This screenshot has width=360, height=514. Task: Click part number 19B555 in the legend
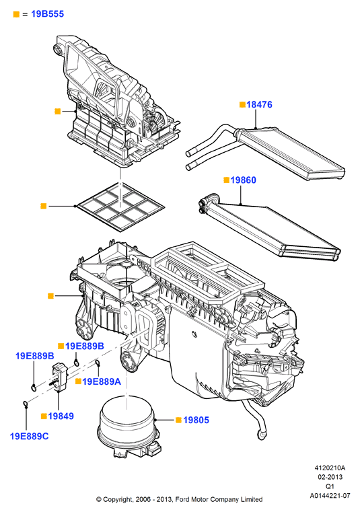click(x=48, y=14)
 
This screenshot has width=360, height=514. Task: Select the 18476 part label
click(x=259, y=104)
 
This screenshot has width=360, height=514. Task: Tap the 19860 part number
click(x=244, y=180)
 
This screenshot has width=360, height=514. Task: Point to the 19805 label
click(x=196, y=420)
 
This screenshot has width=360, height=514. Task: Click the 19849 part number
click(x=61, y=416)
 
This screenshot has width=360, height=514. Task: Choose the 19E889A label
click(x=102, y=381)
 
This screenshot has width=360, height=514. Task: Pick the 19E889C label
click(x=29, y=437)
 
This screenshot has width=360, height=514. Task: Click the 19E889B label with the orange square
click(x=85, y=346)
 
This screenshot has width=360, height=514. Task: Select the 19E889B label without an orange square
click(x=35, y=356)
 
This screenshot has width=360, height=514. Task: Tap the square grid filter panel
click(x=120, y=207)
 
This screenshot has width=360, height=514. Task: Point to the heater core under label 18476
click(x=266, y=152)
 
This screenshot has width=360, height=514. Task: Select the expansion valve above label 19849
click(x=59, y=376)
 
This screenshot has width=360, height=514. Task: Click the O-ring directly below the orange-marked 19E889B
click(x=77, y=363)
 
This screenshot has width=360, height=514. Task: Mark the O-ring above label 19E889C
click(x=26, y=404)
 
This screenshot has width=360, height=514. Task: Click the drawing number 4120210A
click(x=330, y=468)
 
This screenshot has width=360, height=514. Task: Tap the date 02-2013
click(x=330, y=477)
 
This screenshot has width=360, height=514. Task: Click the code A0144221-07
click(x=330, y=496)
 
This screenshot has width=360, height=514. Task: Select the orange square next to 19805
click(x=178, y=420)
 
